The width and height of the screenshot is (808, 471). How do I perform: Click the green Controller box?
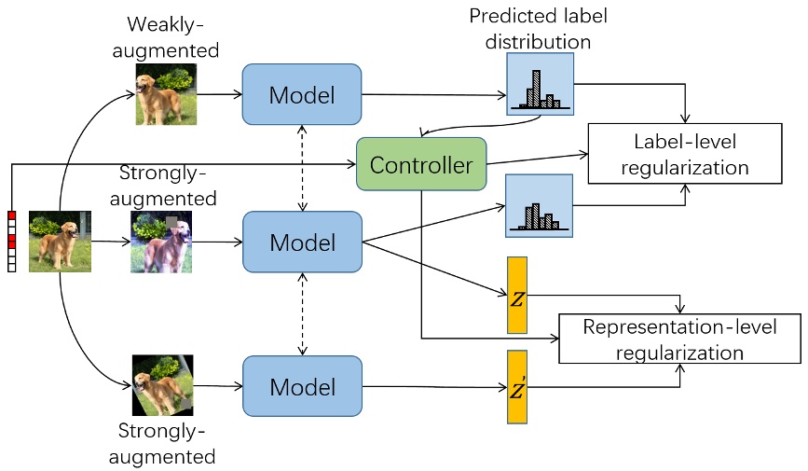(x=421, y=166)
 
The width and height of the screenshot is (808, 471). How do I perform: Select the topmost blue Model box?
(x=301, y=94)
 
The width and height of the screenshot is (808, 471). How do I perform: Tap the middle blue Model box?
(x=301, y=242)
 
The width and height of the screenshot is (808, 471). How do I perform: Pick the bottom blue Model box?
(x=301, y=386)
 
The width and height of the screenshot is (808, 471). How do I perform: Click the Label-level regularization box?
(x=683, y=154)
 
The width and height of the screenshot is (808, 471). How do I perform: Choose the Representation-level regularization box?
(x=679, y=339)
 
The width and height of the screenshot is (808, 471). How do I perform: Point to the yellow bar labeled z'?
(x=516, y=388)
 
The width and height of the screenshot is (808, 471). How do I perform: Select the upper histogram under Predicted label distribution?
(x=539, y=84)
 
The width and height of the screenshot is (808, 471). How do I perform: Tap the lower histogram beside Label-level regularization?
(x=538, y=205)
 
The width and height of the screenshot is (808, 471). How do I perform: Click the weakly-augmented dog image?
(x=167, y=94)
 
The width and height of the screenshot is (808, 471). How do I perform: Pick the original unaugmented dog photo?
(x=60, y=242)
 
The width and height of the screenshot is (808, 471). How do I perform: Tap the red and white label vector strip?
(x=11, y=242)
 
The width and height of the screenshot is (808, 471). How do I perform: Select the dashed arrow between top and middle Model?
(x=301, y=168)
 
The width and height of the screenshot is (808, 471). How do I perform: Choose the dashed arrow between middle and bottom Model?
(x=301, y=314)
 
